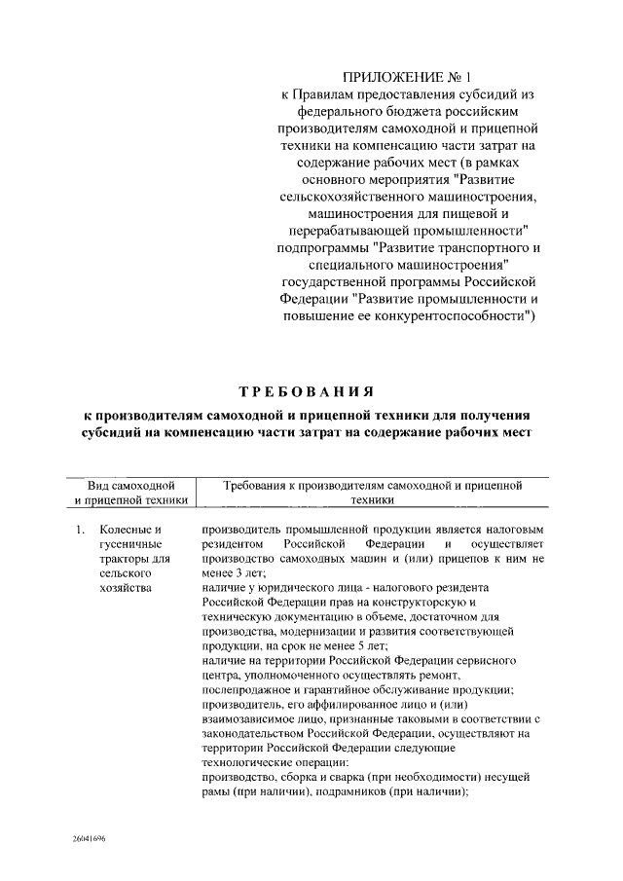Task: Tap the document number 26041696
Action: pos(88,837)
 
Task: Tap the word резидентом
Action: pos(234,545)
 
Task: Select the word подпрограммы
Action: pos(316,247)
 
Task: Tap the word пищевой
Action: pos(492,210)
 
